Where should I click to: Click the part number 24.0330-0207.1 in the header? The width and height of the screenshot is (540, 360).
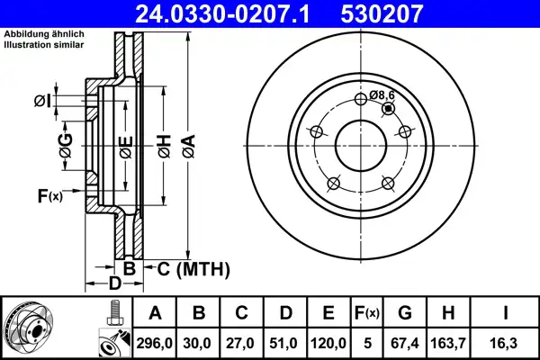(223, 13)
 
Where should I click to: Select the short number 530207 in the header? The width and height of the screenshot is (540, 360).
(382, 13)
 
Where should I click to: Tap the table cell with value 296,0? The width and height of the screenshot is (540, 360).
(154, 343)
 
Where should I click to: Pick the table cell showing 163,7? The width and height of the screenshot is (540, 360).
(448, 343)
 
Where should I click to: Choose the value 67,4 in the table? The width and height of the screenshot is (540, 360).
(405, 343)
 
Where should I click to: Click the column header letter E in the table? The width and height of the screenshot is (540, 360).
(328, 313)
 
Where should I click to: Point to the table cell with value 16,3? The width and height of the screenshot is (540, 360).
(505, 343)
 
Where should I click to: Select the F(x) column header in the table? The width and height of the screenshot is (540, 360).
(367, 313)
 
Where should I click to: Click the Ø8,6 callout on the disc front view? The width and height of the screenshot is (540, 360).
(382, 94)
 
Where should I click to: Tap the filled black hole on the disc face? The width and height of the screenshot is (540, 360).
(389, 109)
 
